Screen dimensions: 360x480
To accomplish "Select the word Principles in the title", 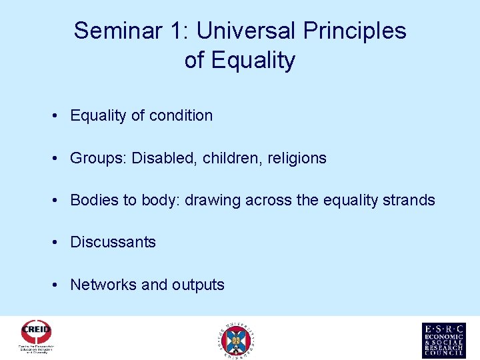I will tap(355, 31).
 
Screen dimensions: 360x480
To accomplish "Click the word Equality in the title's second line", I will tap(253, 61).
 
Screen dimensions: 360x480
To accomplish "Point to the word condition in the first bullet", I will tap(181, 115).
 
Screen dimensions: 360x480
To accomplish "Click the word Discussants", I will tap(113, 242).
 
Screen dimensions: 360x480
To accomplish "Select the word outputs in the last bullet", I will tap(198, 285).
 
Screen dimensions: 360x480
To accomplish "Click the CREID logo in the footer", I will tap(36, 337).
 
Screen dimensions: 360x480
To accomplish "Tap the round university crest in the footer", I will tap(237, 340).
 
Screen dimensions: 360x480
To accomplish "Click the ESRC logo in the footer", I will tap(443, 340).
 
